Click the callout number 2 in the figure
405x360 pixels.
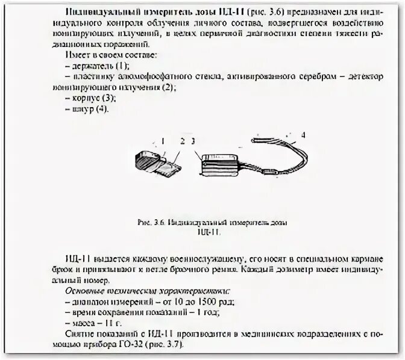[x=182, y=141]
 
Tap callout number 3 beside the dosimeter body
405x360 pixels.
[x=192, y=141]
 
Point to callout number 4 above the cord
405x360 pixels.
[x=303, y=135]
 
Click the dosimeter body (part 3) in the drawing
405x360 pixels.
[x=222, y=164]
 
